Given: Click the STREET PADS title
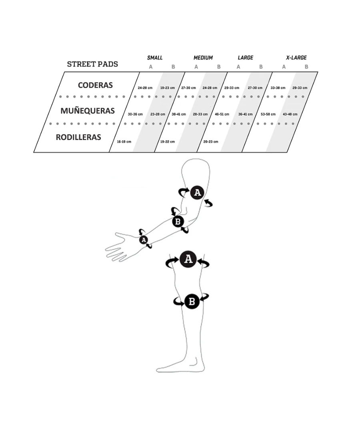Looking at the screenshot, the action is click(x=92, y=64).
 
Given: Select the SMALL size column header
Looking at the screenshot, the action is click(x=155, y=58).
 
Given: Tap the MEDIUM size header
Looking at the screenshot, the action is click(x=203, y=58).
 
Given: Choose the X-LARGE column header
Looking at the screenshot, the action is click(x=296, y=58).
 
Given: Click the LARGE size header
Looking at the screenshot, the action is click(x=246, y=58).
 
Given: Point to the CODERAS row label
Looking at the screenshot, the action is click(x=96, y=85).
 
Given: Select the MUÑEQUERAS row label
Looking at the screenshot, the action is click(x=88, y=110).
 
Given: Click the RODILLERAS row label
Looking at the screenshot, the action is click(x=78, y=137).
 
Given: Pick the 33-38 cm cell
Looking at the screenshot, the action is click(x=278, y=88).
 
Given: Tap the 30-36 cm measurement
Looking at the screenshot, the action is click(x=135, y=114).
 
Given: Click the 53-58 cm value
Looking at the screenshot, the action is click(x=268, y=114).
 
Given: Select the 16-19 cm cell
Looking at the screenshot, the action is click(x=124, y=142).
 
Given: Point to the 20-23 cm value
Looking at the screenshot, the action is click(x=211, y=142).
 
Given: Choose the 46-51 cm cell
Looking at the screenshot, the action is click(x=222, y=114).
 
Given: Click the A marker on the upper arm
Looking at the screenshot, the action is click(x=197, y=192).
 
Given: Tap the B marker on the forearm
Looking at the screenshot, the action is click(x=178, y=222).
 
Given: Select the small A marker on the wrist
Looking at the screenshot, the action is click(x=144, y=240).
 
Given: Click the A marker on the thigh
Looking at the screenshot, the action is click(x=188, y=259).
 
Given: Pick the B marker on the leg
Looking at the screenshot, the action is click(x=192, y=301).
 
